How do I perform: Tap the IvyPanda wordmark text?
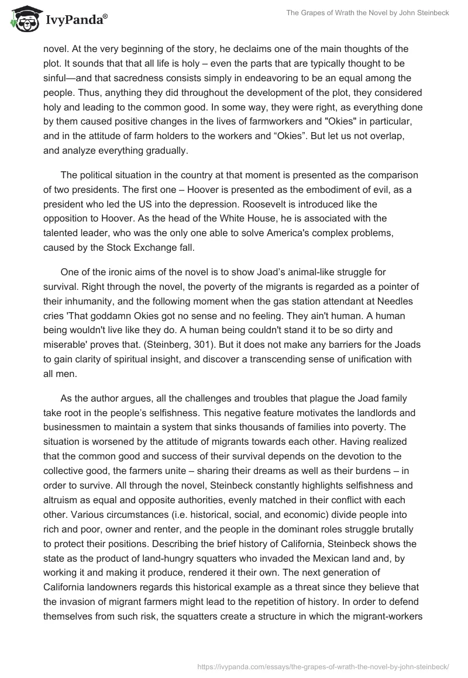[75, 20]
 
